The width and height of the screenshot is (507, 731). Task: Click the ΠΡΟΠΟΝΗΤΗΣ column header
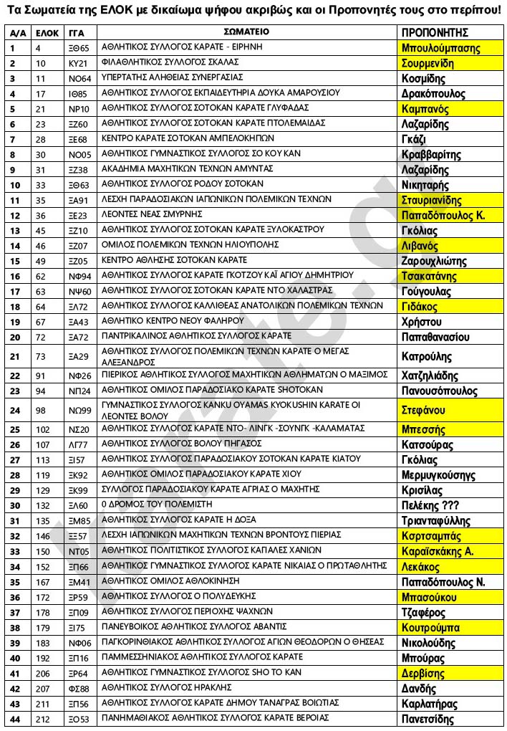[434, 32]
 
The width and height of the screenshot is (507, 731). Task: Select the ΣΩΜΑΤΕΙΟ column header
[246, 32]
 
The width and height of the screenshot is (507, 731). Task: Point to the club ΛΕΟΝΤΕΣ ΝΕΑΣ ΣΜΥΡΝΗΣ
[154, 214]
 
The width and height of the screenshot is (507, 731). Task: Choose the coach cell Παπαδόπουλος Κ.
[443, 216]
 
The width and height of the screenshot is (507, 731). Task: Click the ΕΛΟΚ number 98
[40, 410]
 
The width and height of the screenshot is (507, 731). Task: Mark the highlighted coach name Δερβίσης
[423, 674]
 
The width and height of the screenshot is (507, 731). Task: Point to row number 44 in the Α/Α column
[14, 718]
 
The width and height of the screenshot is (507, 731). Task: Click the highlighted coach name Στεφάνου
[424, 411]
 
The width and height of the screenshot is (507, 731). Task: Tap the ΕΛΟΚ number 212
[42, 718]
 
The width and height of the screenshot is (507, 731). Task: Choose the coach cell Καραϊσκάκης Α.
[438, 551]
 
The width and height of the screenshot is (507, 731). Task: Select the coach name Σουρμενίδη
[433, 63]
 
